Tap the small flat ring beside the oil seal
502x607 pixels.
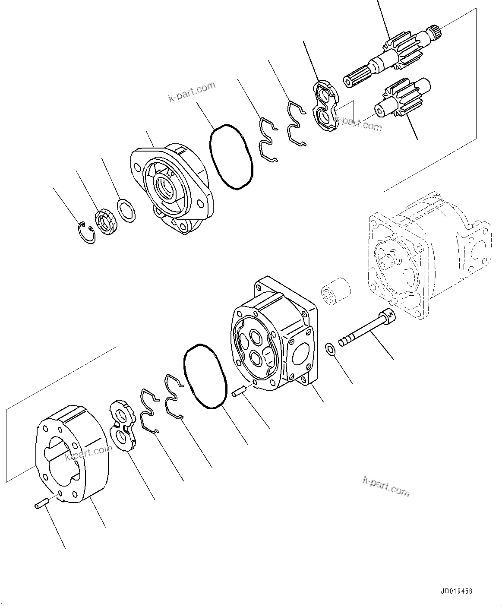(x=126, y=210)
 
